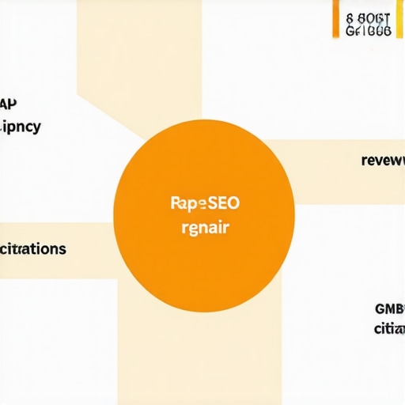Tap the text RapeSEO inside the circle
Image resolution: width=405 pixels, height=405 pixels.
click(x=204, y=202)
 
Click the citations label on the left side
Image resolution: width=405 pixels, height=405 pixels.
click(x=33, y=248)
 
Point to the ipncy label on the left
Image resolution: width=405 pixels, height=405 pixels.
click(x=21, y=127)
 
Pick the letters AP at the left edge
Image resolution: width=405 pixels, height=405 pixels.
click(x=9, y=103)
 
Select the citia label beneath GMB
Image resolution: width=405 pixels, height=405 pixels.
click(x=388, y=328)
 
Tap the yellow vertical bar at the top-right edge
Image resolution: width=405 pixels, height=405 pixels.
click(x=399, y=19)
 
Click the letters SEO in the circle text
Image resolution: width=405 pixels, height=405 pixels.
click(x=223, y=202)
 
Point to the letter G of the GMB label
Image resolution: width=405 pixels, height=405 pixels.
click(x=379, y=308)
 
